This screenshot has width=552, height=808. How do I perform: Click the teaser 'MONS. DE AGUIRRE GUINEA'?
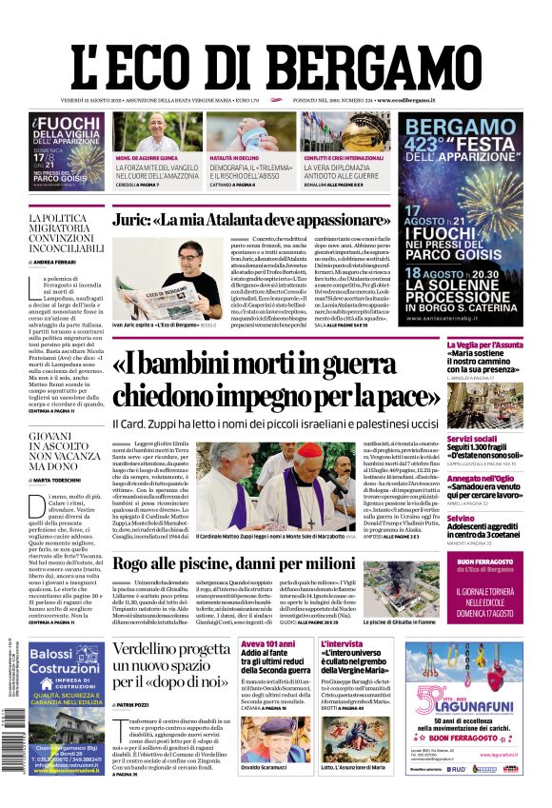(148, 157)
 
